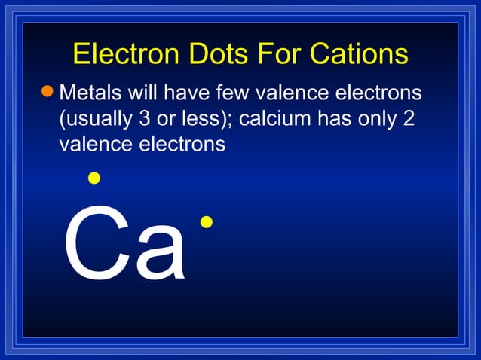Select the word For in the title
(282, 54)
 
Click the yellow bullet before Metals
(48, 92)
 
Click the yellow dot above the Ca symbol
(93, 178)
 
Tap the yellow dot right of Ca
(207, 221)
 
